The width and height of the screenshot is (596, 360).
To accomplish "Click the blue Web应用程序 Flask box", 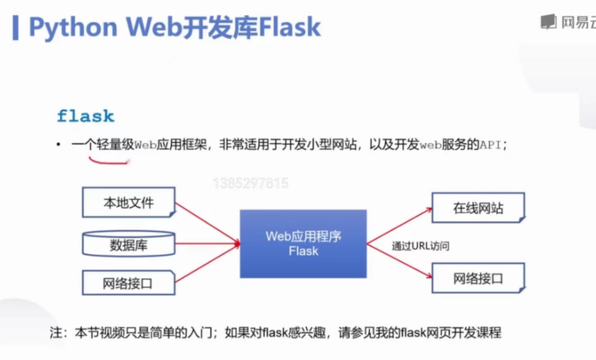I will pos(303,244).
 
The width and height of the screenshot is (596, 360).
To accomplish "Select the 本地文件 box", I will pos(129,203).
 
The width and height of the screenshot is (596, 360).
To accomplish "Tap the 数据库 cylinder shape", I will pos(129,244).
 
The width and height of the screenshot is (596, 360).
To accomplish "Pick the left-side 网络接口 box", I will pos(129,284).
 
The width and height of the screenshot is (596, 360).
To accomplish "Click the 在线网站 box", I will pos(478,208).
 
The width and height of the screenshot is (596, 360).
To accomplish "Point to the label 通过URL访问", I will pos(421,246).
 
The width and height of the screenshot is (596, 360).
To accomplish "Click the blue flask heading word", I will pos(85,116).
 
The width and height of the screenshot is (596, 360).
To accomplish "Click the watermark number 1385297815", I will pos(251,183).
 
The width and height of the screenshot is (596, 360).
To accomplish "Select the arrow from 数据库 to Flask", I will pos(207,244).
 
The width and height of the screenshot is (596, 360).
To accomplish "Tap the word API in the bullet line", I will pos(490,144).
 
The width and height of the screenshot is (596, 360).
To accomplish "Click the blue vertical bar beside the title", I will pos(15,27).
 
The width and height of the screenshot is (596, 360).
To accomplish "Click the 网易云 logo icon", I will pos(548,22).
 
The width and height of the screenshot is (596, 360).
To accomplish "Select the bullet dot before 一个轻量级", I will pos(58,144).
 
